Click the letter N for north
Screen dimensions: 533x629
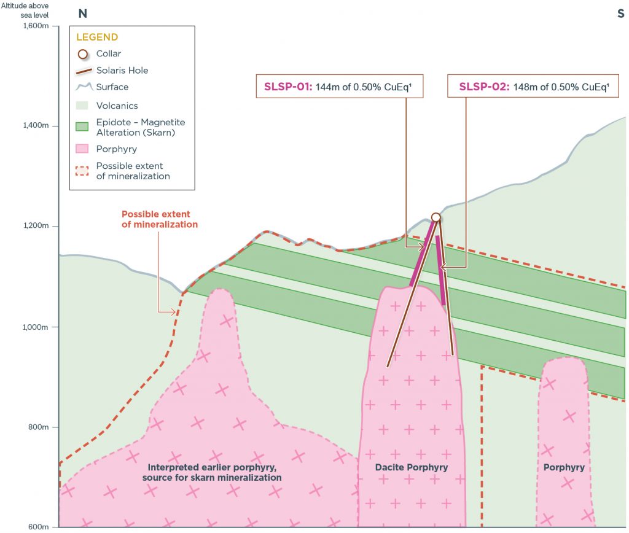tap(82, 13)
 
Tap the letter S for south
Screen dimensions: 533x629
tap(620, 13)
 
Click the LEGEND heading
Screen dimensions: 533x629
tap(97, 37)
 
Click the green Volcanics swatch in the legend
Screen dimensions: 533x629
tap(84, 106)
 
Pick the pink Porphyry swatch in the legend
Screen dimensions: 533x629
tap(84, 149)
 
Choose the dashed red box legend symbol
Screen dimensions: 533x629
tap(84, 171)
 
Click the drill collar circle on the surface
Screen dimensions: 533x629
tap(436, 217)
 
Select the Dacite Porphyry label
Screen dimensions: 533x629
tap(412, 468)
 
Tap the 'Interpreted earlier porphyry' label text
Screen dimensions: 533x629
tap(212, 472)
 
